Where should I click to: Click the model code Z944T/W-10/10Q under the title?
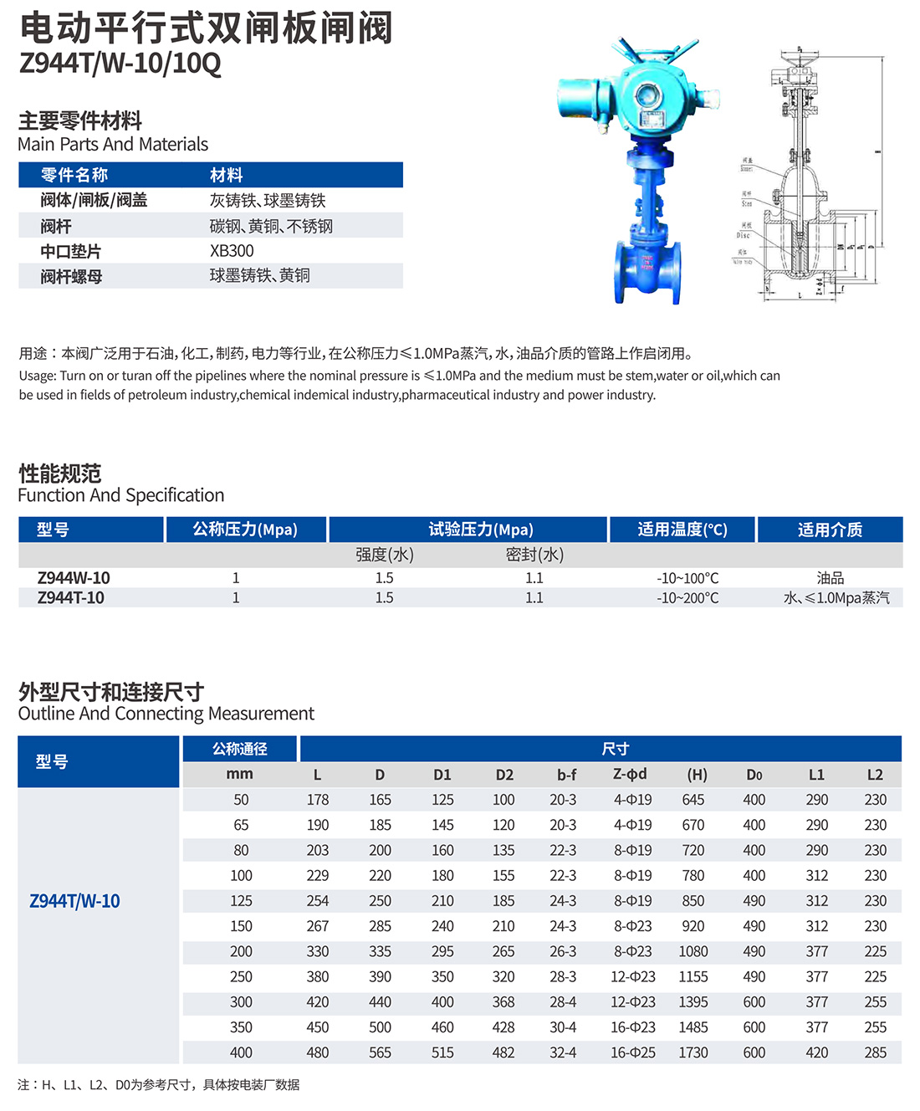click(x=120, y=64)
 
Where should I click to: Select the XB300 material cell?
click(x=232, y=251)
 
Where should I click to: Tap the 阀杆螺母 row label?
click(x=71, y=276)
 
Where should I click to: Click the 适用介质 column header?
click(x=829, y=530)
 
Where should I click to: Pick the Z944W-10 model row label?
click(x=74, y=578)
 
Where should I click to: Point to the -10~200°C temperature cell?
click(x=687, y=598)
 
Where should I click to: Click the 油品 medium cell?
click(x=830, y=578)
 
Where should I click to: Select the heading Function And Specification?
click(x=121, y=495)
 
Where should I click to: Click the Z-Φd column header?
click(x=630, y=775)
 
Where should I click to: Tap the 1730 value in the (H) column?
click(x=693, y=1052)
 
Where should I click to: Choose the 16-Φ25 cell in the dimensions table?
click(x=633, y=1052)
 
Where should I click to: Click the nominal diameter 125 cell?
click(x=241, y=901)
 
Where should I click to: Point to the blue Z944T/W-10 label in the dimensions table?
click(x=74, y=901)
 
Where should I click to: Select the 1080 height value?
click(x=693, y=951)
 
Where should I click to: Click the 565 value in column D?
click(x=380, y=1052)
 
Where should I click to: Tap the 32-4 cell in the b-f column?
click(x=563, y=1052)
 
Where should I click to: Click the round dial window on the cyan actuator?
click(x=647, y=95)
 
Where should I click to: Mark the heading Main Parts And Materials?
click(x=113, y=144)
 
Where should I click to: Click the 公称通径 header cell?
click(x=239, y=749)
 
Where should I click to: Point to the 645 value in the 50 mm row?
click(x=693, y=800)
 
